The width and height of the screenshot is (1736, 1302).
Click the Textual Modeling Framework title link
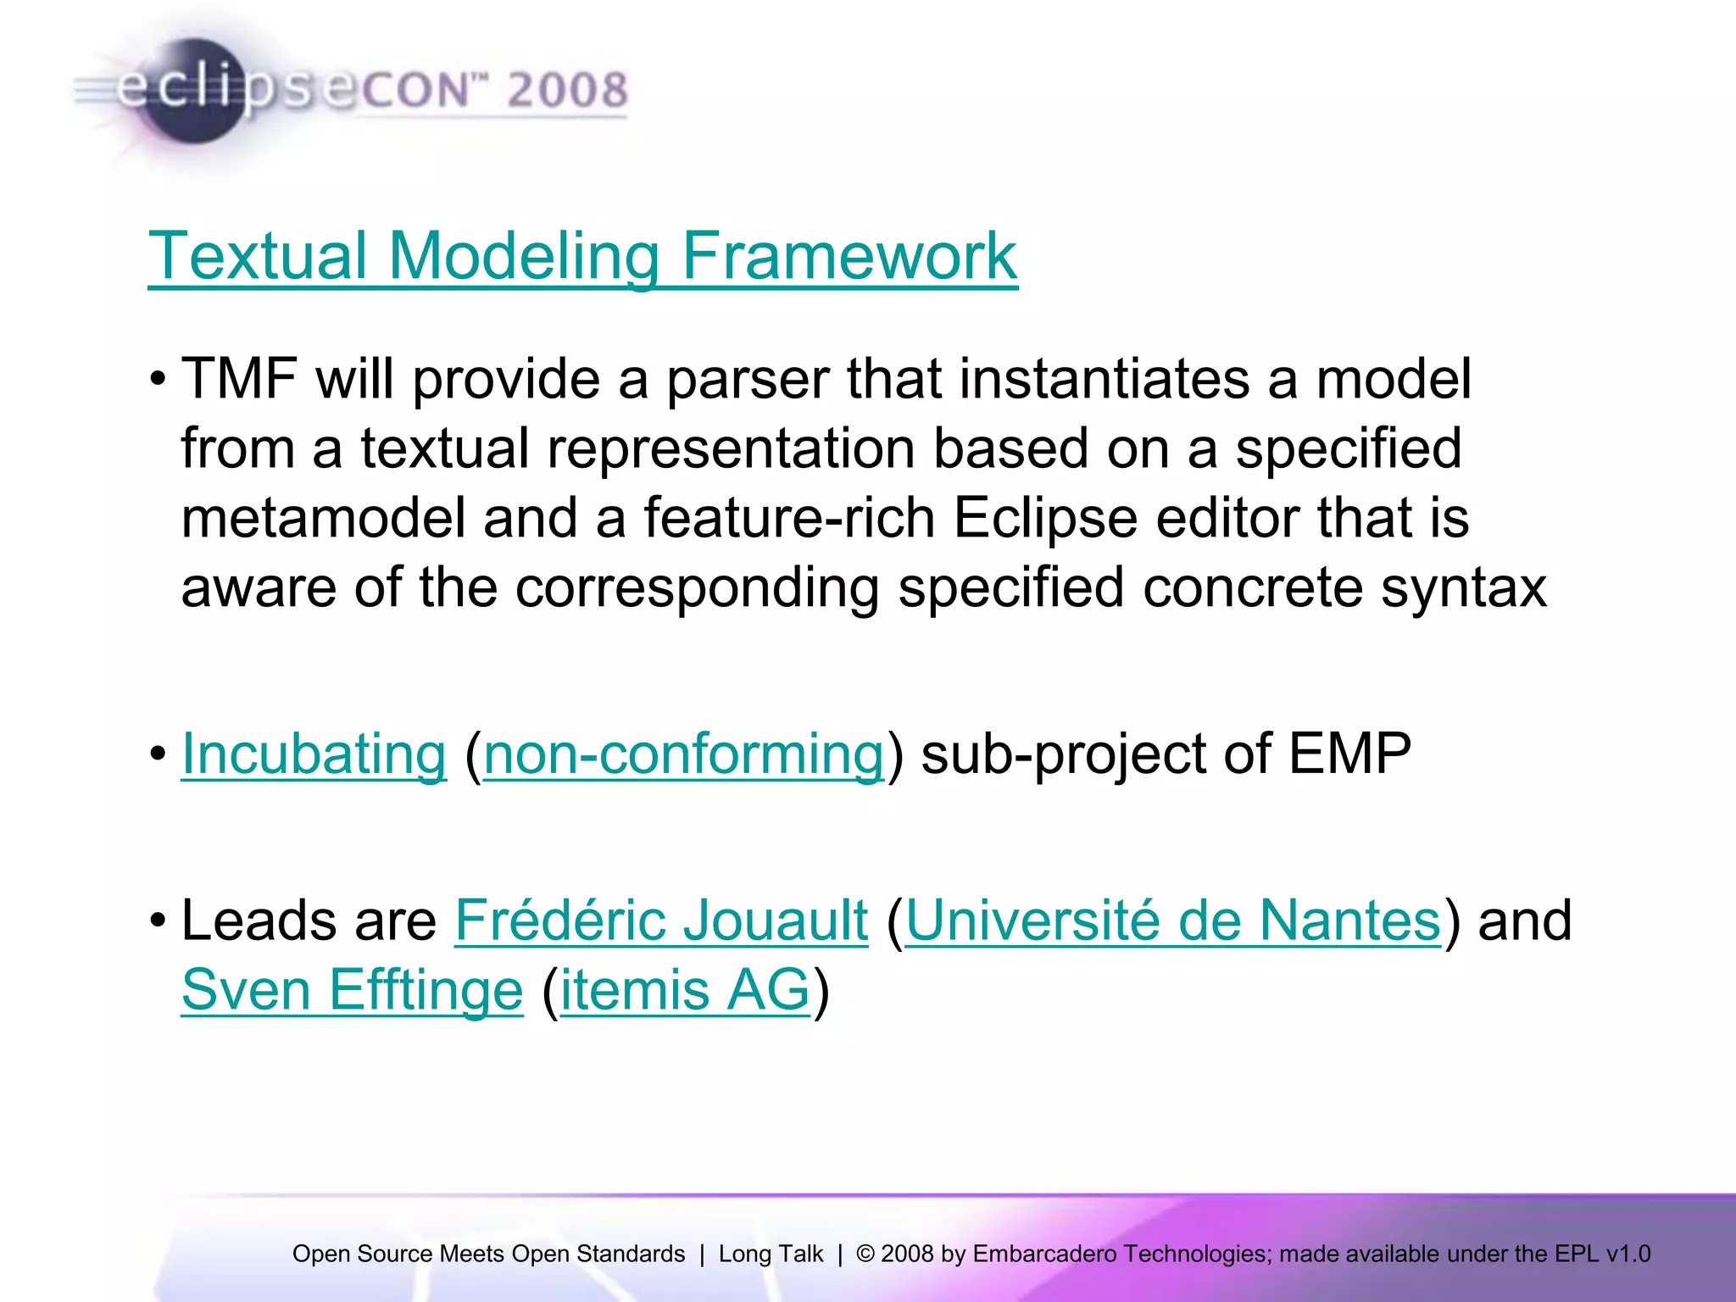click(x=582, y=256)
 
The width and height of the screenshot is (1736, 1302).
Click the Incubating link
click(x=314, y=754)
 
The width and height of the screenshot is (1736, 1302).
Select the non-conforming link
click(x=683, y=754)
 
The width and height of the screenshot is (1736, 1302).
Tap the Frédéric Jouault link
click(x=661, y=921)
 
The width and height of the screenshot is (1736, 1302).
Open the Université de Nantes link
click(x=1173, y=921)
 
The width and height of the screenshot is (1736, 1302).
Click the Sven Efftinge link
click(x=352, y=990)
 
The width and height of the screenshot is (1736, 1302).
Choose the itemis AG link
click(x=685, y=990)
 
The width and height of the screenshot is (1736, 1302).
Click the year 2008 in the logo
click(x=567, y=91)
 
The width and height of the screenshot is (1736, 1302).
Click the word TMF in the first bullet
click(x=239, y=379)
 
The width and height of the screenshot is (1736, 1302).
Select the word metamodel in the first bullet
click(x=323, y=518)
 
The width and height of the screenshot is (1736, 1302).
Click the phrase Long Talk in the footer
click(x=770, y=1254)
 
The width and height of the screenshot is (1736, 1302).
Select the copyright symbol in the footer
click(x=865, y=1254)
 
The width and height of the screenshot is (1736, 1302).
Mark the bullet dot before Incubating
click(x=158, y=754)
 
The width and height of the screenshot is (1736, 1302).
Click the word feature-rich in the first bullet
click(x=788, y=518)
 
